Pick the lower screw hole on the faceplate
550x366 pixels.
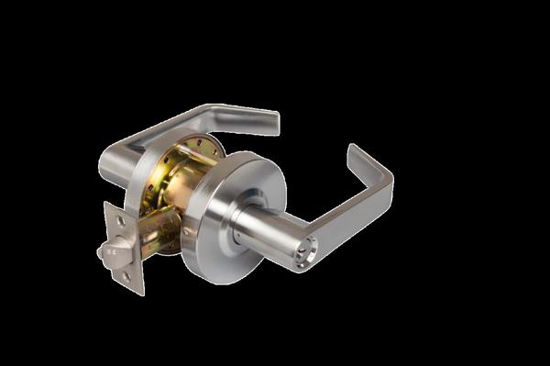coord(127,276)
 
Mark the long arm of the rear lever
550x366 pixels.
coord(183,124)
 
